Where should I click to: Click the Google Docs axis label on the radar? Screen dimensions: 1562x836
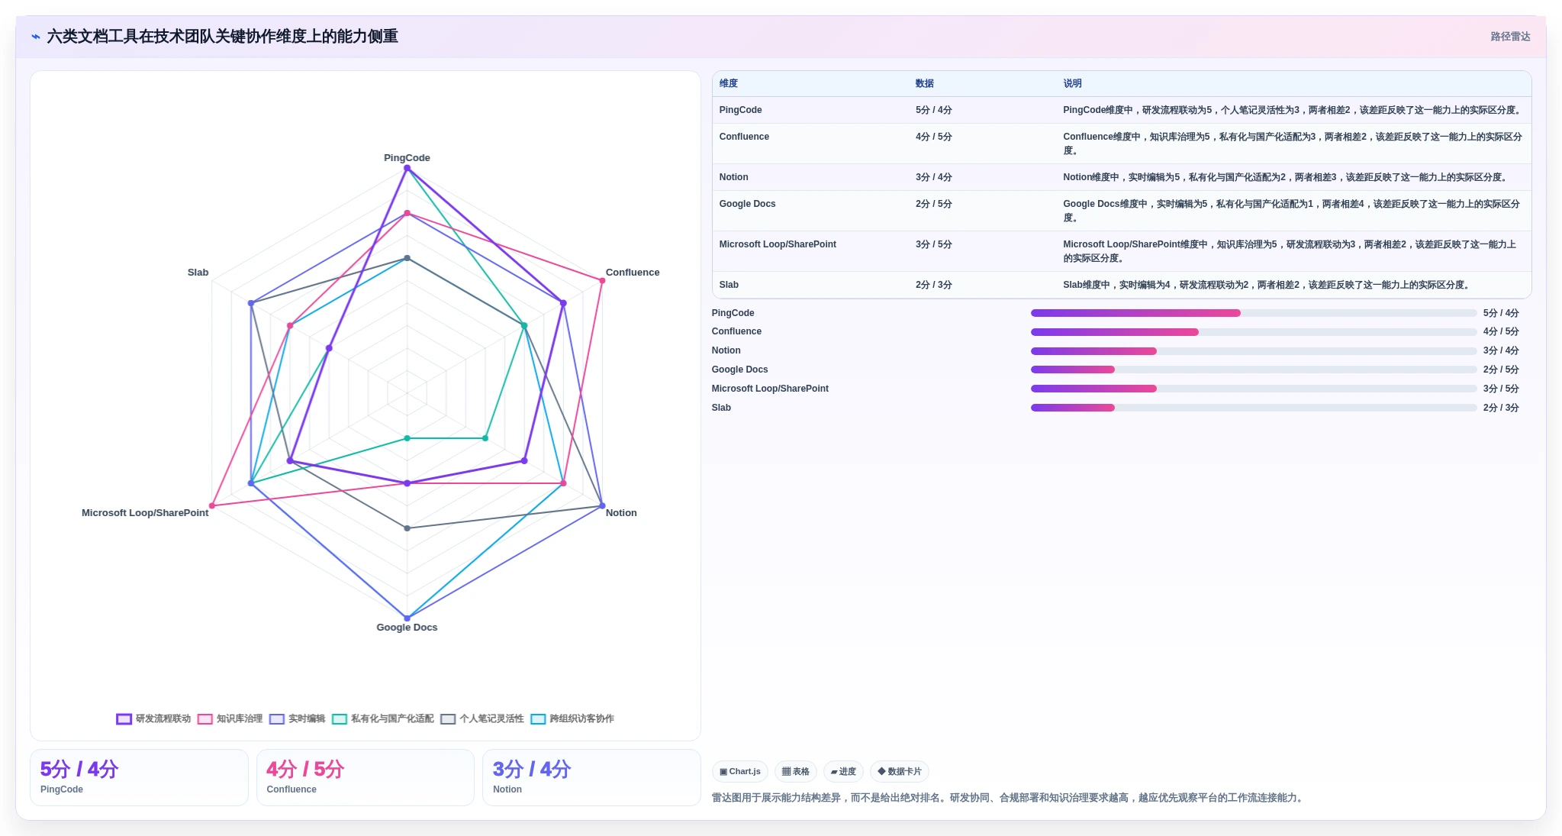click(x=407, y=628)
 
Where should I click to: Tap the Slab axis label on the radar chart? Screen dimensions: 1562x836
click(x=198, y=273)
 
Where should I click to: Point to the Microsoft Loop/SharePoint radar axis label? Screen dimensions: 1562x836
click(x=145, y=513)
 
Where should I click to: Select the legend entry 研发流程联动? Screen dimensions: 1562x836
click(x=153, y=718)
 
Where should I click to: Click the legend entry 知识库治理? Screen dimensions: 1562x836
click(x=230, y=718)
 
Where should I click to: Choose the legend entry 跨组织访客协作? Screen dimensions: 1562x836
click(x=572, y=718)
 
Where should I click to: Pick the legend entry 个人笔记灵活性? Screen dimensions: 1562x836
click(x=482, y=718)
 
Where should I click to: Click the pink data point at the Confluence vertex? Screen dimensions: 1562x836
click(x=602, y=281)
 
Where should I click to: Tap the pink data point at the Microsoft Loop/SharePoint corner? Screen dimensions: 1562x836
click(x=212, y=505)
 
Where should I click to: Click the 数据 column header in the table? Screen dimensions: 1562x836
click(x=924, y=83)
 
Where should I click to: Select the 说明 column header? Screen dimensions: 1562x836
click(x=1072, y=83)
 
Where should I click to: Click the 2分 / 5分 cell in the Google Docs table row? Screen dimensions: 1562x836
click(x=933, y=204)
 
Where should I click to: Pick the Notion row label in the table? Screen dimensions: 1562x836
click(x=733, y=177)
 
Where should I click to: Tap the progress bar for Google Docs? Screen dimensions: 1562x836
click(x=1254, y=370)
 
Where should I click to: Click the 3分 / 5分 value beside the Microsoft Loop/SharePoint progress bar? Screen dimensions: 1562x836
click(x=1501, y=389)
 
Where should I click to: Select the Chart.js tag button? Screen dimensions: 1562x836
click(x=740, y=771)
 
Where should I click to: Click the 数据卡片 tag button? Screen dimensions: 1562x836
click(x=900, y=771)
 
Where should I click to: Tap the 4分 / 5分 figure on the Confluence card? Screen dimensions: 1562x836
click(x=305, y=769)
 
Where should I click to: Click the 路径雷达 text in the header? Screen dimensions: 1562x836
click(x=1510, y=37)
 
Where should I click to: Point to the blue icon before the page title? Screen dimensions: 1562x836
click(x=36, y=37)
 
